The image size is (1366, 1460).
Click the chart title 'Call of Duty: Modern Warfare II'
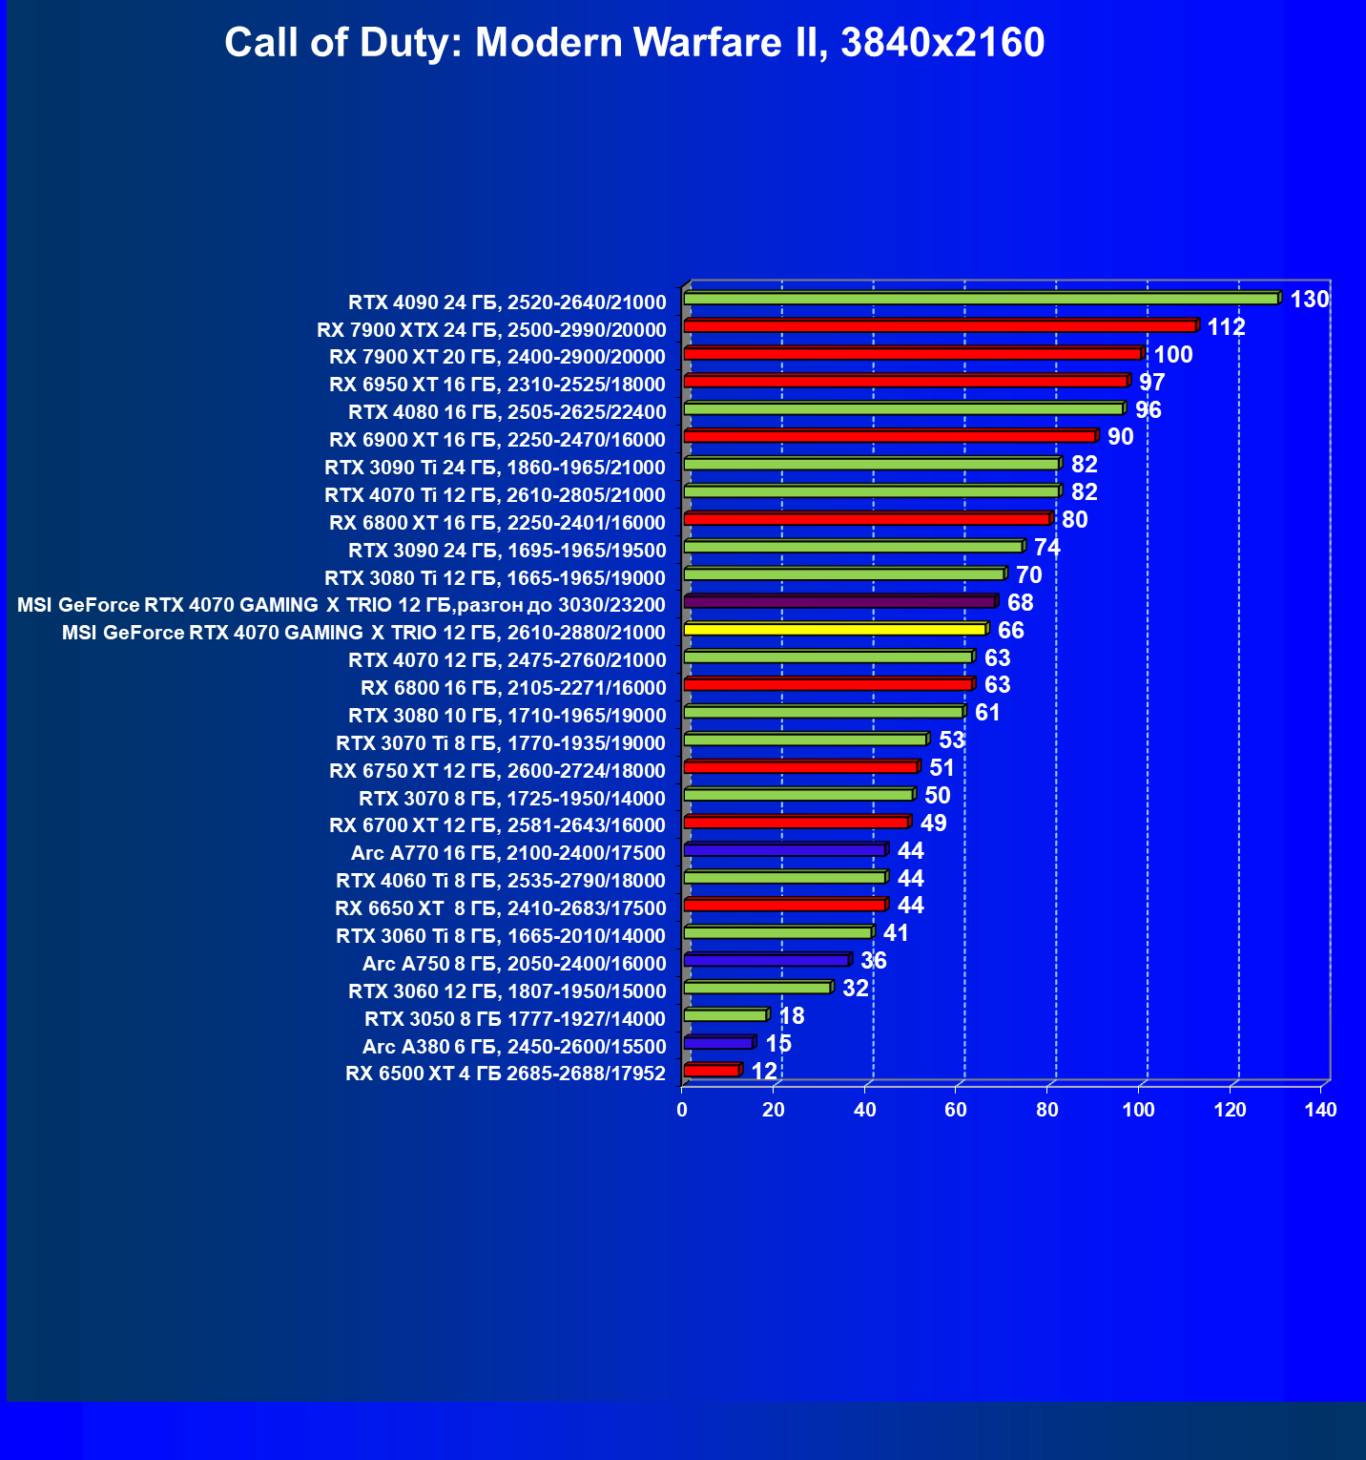pyautogui.click(x=634, y=43)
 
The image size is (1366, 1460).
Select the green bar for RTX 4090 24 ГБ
pyautogui.click(x=981, y=299)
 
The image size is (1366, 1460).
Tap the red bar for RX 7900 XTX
pyautogui.click(x=940, y=326)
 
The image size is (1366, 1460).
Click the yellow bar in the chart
pyautogui.click(x=835, y=630)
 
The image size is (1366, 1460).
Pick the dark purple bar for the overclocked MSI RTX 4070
pyautogui.click(x=839, y=602)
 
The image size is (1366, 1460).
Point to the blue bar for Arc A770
pyautogui.click(x=785, y=850)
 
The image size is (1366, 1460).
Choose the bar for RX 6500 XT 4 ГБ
pyautogui.click(x=712, y=1071)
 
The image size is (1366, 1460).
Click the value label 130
pyautogui.click(x=1309, y=300)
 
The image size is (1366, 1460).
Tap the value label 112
pyautogui.click(x=1226, y=327)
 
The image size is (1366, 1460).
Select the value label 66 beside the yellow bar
pyautogui.click(x=1010, y=631)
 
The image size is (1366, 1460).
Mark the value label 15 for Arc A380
pyautogui.click(x=778, y=1044)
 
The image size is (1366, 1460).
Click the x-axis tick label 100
pyautogui.click(x=1138, y=1110)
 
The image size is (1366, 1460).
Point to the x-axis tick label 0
pyautogui.click(x=682, y=1110)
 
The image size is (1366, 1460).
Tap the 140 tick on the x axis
pyautogui.click(x=1321, y=1110)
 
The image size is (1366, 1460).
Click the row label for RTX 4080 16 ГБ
pyautogui.click(x=507, y=412)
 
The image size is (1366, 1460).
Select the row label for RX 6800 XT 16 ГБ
pyautogui.click(x=497, y=523)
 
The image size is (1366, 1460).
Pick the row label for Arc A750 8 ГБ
pyautogui.click(x=514, y=964)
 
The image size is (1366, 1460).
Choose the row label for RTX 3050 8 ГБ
pyautogui.click(x=515, y=1018)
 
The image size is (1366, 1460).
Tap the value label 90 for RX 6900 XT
pyautogui.click(x=1120, y=437)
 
